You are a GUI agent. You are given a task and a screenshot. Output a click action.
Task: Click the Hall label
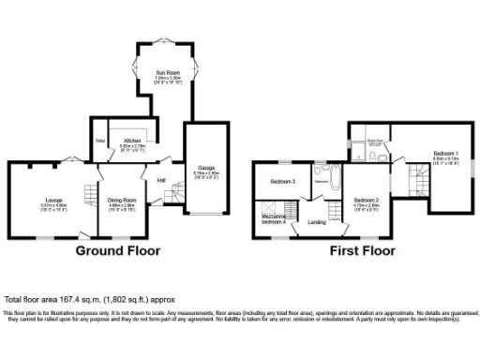(x=160, y=179)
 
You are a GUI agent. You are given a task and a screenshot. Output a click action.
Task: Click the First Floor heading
(x=360, y=251)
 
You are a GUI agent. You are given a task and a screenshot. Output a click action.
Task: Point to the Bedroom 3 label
(x=282, y=181)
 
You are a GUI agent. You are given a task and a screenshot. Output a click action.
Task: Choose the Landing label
(x=318, y=222)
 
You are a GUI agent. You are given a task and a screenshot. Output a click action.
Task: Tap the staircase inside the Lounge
(x=89, y=195)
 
